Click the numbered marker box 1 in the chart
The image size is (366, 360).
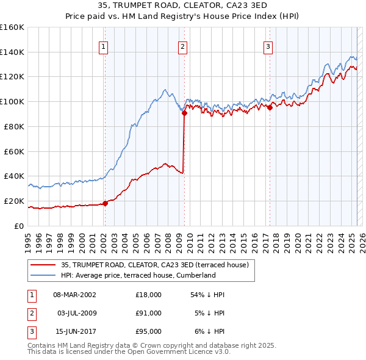[104, 46]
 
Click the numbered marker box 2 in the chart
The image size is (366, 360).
[183, 46]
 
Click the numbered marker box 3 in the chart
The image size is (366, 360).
[268, 46]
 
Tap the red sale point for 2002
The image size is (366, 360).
[105, 203]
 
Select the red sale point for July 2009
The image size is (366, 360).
[184, 112]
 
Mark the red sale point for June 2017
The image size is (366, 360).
[270, 107]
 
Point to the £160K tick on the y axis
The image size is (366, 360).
[12, 27]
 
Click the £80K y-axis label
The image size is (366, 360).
[14, 126]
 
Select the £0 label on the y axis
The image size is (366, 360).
[20, 226]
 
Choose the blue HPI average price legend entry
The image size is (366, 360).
[138, 275]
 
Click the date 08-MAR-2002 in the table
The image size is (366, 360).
[74, 295]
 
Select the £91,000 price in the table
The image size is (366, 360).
[149, 313]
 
